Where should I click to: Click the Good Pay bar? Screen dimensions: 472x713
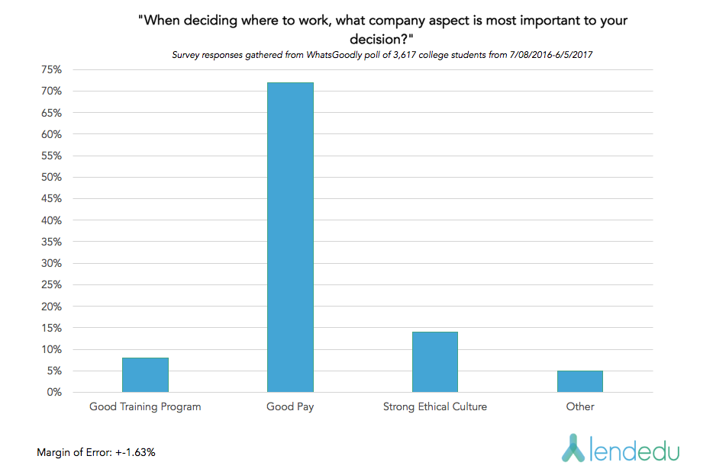(x=290, y=237)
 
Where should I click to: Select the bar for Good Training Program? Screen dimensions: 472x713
(x=145, y=374)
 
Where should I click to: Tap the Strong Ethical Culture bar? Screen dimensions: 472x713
(x=434, y=361)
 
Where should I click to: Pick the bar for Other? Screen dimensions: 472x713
(x=579, y=381)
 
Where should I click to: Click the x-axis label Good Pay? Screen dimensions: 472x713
(x=290, y=406)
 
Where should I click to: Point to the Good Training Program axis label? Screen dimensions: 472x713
(x=145, y=406)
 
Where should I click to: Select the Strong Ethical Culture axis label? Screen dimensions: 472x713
(x=434, y=406)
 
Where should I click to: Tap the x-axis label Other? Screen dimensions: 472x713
(x=579, y=406)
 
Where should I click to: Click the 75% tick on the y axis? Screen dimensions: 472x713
(x=51, y=69)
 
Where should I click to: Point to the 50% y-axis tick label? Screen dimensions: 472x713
(x=51, y=177)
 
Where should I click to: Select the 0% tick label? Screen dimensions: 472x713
(x=53, y=392)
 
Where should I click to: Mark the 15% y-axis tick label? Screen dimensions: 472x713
(x=51, y=328)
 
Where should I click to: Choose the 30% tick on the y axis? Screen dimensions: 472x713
(x=51, y=263)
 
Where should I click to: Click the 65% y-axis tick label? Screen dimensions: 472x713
(x=51, y=112)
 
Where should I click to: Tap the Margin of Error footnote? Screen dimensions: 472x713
(x=96, y=452)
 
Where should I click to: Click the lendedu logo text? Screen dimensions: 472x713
(x=634, y=448)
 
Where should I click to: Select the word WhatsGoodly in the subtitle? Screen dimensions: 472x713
(x=333, y=55)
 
